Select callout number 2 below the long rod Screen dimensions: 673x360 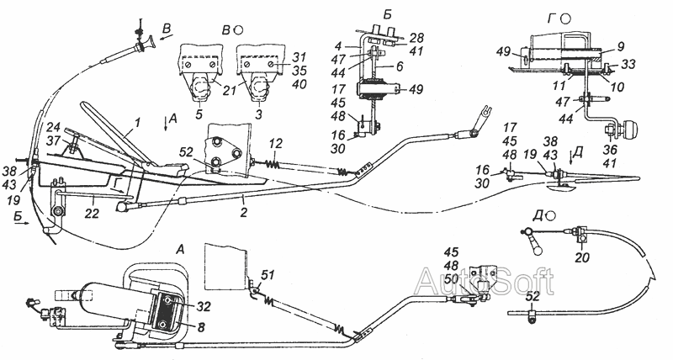pyautogui.click(x=243, y=211)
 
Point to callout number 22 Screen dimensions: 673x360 pyautogui.click(x=93, y=213)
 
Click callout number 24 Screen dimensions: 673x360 pyautogui.click(x=53, y=128)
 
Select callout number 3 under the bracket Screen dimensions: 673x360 pyautogui.click(x=259, y=115)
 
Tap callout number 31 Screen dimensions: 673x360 pyautogui.click(x=299, y=57)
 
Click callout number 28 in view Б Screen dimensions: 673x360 pyautogui.click(x=416, y=38)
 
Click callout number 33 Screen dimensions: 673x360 pyautogui.click(x=628, y=64)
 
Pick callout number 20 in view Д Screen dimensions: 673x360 pyautogui.click(x=582, y=257)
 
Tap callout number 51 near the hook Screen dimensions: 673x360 pyautogui.click(x=268, y=276)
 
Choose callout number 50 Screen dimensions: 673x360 pyautogui.click(x=451, y=278)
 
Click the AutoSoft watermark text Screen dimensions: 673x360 pyautogui.click(x=485, y=282)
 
